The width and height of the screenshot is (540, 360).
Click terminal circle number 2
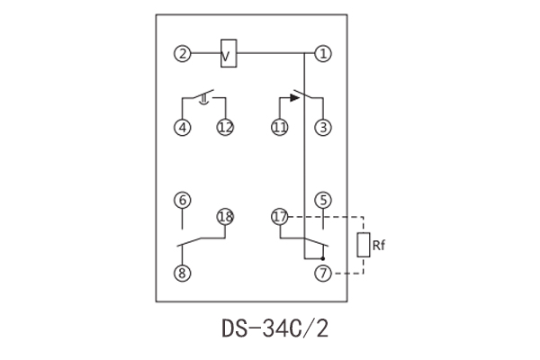pos(183,54)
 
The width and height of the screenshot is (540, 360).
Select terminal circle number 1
pos(323,54)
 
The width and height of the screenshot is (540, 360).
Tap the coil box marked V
pos(229,54)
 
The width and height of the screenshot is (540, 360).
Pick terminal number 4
pos(183,128)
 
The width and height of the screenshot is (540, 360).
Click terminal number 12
pos(224,128)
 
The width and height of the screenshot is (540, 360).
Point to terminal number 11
pos(279,128)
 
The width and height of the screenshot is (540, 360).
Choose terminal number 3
pos(323,128)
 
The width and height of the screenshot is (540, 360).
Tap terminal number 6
pos(183,200)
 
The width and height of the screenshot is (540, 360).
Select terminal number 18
pos(224,217)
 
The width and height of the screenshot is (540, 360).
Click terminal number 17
pos(279,217)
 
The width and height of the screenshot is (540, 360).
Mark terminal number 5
pos(323,200)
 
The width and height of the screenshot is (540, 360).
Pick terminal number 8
pos(183,273)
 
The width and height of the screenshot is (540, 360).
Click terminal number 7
pos(323,273)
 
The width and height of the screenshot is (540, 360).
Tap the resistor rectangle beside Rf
pos(364,244)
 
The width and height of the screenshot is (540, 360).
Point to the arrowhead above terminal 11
pos(294,99)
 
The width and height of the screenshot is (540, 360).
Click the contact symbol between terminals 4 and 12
pos(205,98)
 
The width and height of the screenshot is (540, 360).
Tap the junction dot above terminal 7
pos(323,256)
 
